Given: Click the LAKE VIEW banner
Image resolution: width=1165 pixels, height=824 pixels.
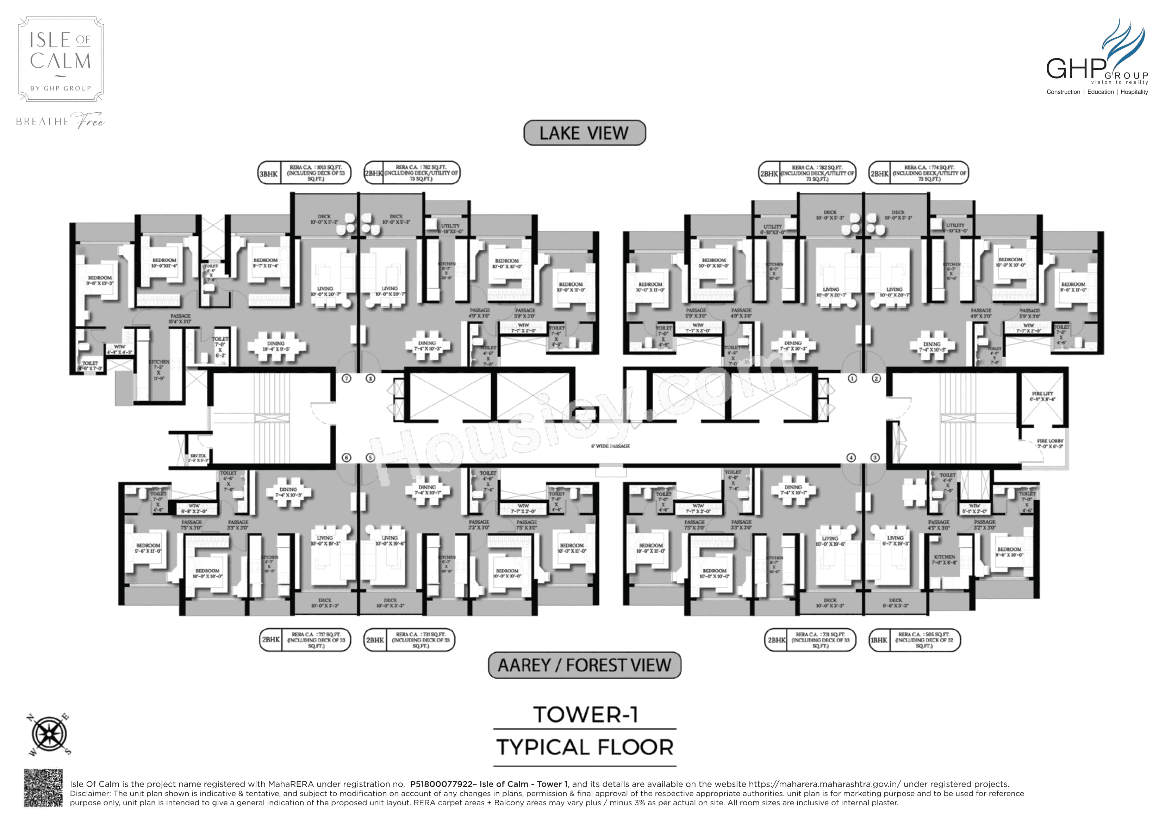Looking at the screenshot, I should (585, 133).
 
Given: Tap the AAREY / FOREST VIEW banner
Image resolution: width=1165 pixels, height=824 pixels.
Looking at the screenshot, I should (585, 665).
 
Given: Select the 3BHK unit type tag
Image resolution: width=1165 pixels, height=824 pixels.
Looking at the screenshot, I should (268, 174).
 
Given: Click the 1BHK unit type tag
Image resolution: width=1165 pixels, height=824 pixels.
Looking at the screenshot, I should (879, 640).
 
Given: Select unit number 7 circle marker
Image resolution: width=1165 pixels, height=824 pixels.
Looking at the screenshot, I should (347, 378).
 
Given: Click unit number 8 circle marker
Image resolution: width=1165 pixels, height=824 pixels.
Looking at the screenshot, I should (371, 378).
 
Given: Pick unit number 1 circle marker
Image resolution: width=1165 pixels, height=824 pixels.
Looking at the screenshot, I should (852, 378).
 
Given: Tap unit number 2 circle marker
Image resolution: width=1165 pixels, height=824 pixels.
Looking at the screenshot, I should (876, 378).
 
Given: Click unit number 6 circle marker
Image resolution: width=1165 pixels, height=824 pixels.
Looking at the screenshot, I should (347, 457).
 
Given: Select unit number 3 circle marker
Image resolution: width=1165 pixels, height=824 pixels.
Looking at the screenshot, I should (875, 457).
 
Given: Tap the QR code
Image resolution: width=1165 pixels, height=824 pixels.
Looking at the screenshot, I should (43, 787).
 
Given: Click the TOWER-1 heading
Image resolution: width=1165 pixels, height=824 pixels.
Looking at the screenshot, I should (585, 715).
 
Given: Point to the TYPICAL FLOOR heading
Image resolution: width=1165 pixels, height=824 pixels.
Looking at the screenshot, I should (585, 747).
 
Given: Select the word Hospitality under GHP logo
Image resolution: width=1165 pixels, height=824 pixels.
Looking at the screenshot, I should (1134, 92).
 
